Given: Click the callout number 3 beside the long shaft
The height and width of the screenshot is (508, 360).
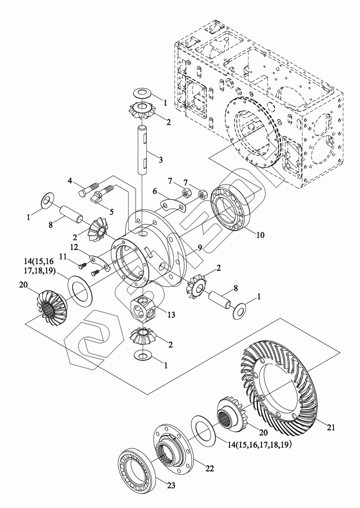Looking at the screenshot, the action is pos(160,160).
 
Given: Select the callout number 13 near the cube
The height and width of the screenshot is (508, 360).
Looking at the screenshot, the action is pos(172,315).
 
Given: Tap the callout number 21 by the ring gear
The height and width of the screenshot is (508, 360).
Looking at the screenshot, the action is pos(331,427).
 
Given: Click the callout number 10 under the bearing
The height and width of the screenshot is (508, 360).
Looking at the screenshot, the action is pos(260,235).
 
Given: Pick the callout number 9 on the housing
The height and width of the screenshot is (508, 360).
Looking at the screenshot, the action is pos(200,248).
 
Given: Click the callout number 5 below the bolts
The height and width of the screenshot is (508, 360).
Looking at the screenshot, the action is pos(111,212).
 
